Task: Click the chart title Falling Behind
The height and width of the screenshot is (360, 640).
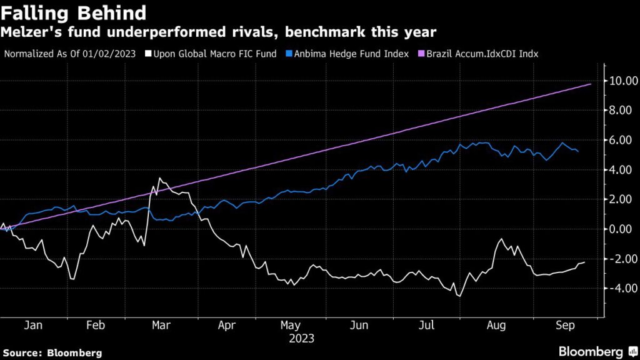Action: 74,12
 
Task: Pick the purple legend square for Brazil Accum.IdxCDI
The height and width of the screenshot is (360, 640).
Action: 421,54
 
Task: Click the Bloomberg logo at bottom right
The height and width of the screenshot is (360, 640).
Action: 596,351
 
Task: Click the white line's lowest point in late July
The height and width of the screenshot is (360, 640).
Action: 459,296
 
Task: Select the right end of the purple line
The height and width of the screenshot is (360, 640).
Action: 591,84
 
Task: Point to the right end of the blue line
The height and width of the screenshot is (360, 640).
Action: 577,151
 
